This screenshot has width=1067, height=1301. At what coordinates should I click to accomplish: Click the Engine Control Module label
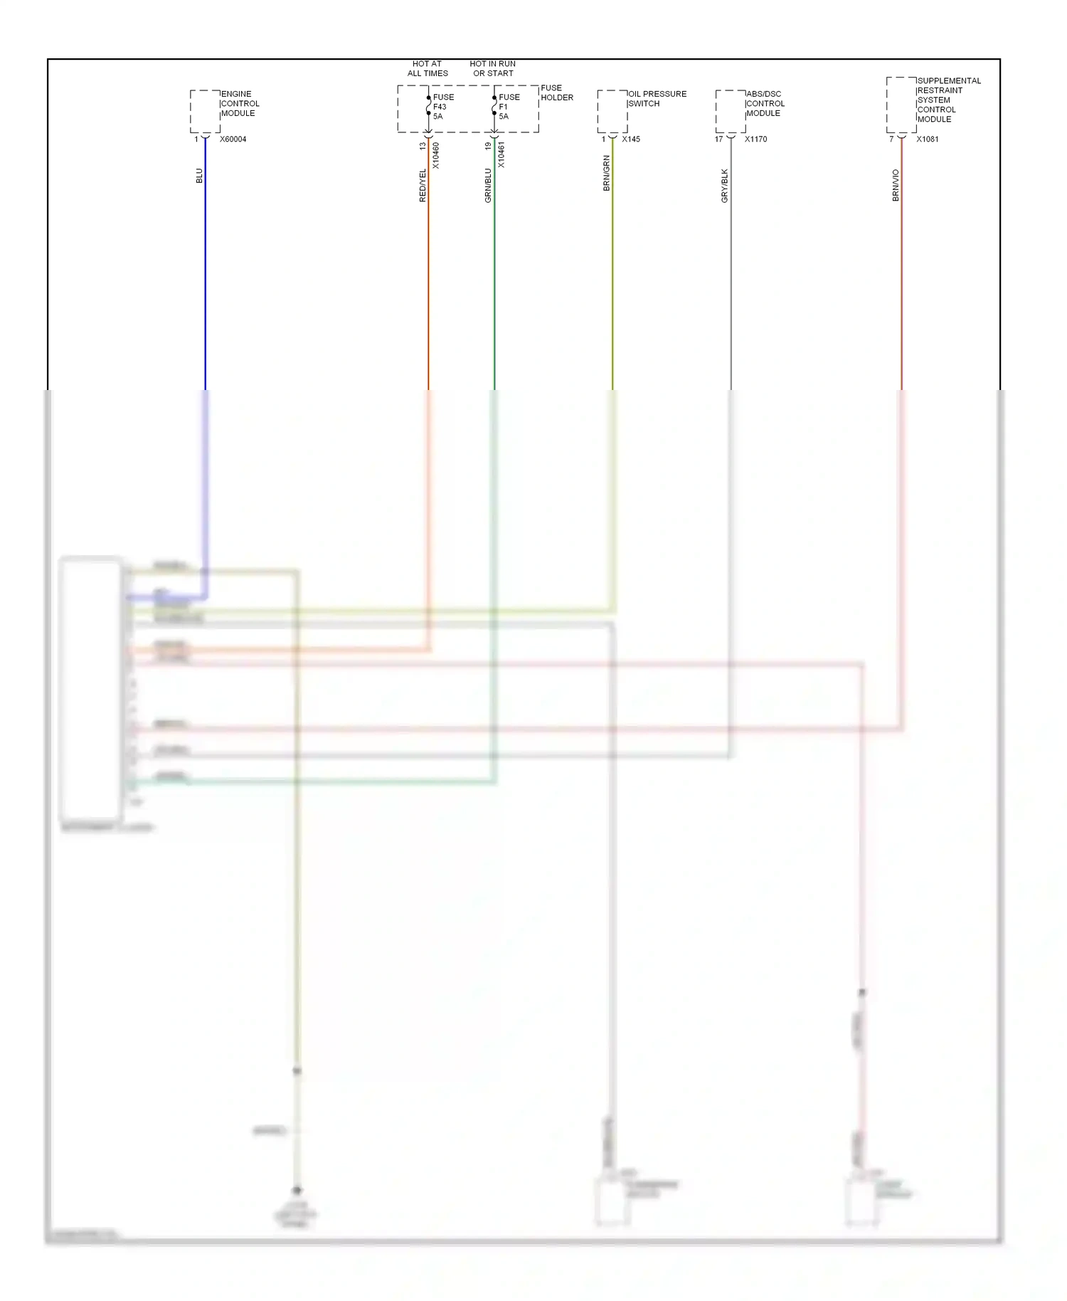(x=240, y=104)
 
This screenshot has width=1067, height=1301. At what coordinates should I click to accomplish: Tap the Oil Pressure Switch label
(x=657, y=99)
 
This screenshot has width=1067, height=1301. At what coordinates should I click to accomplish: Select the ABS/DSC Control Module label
(x=765, y=104)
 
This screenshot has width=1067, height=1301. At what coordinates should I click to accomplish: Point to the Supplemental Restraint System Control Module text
(x=948, y=100)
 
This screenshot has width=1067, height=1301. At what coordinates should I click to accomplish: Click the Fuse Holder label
(x=556, y=93)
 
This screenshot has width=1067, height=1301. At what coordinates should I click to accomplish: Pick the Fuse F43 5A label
(x=442, y=107)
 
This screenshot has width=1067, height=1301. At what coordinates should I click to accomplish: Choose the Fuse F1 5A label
(x=509, y=107)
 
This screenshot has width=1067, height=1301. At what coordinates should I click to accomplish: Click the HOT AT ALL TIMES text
(x=428, y=68)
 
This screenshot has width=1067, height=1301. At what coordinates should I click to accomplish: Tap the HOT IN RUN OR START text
(x=493, y=68)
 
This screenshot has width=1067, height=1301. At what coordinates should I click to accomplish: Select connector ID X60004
(x=233, y=139)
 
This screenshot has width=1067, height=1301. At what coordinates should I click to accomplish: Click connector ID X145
(x=631, y=139)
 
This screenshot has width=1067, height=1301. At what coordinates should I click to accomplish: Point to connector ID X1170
(x=755, y=139)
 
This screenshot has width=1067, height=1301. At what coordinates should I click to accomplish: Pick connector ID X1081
(x=927, y=139)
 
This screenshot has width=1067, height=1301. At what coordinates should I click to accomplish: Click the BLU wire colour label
(x=199, y=176)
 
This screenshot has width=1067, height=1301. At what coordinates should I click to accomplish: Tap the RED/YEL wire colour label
(x=423, y=186)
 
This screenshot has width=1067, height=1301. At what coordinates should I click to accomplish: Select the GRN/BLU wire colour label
(x=488, y=186)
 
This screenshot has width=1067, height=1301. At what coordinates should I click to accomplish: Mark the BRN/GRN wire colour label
(x=607, y=174)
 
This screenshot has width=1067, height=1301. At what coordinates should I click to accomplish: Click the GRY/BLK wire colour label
(x=725, y=186)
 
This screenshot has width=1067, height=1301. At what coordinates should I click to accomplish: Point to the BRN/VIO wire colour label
(x=896, y=186)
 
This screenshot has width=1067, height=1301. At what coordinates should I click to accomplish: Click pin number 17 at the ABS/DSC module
(x=718, y=139)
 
